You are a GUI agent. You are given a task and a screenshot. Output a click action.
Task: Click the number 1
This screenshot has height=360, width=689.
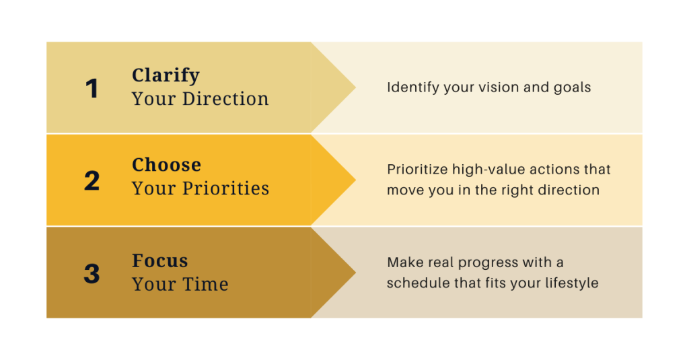tap(92, 88)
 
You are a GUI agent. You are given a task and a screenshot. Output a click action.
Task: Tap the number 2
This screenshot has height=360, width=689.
tap(92, 180)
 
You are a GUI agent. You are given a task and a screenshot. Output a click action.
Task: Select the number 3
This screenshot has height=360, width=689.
tap(92, 273)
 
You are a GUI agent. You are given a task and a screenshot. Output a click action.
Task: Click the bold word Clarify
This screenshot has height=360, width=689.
tap(166, 75)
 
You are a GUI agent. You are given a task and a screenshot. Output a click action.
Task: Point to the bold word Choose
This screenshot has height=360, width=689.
tap(167, 165)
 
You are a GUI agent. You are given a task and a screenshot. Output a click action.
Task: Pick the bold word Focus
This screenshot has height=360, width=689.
tap(160, 260)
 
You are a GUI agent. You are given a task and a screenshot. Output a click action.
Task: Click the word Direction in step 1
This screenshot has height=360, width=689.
tap(225, 99)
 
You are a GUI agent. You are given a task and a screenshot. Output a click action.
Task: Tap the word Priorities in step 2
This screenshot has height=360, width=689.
tap(226, 188)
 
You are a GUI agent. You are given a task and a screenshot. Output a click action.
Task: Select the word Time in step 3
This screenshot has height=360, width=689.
tap(205, 284)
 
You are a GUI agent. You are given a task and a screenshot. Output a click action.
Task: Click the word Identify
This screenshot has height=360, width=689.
tap(413, 87)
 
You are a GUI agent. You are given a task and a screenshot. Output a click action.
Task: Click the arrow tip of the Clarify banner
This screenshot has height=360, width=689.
tap(355, 87)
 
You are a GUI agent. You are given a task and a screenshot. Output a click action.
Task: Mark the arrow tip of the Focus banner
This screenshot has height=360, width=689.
tap(355, 273)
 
